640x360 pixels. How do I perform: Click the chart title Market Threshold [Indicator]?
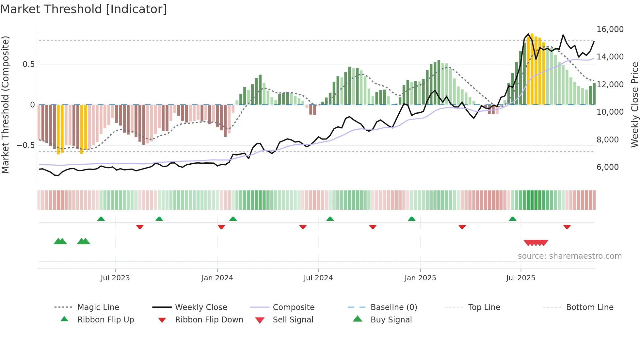84,9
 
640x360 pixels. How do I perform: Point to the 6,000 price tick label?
607,167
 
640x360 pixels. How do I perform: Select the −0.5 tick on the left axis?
25,145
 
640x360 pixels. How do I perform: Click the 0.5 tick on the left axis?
29,64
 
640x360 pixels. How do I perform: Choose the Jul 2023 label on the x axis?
115,278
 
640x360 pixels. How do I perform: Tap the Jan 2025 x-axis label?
420,278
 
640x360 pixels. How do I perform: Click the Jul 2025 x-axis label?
520,278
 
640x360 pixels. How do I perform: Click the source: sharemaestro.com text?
569,256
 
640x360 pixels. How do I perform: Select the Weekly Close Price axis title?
634,105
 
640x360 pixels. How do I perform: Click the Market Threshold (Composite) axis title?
5,105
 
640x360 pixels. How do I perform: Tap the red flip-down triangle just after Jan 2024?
221,227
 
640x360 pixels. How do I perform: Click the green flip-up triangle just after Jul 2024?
330,219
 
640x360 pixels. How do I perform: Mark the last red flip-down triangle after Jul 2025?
567,227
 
